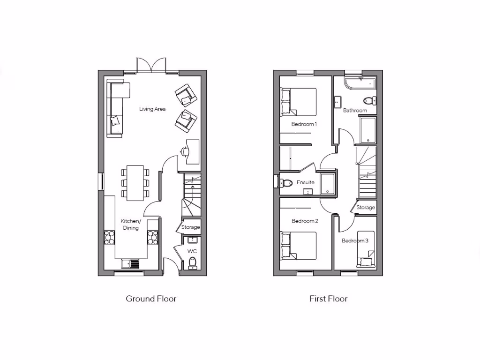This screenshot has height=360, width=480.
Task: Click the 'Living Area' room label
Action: tap(152, 109)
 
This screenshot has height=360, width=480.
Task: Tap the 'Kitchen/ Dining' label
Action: tap(130, 225)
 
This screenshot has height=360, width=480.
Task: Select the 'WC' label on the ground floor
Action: tap(192, 251)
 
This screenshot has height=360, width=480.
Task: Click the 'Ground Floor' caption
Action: tap(151, 299)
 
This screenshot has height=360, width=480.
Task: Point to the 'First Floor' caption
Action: tap(328, 299)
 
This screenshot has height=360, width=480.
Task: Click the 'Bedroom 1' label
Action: tap(304, 124)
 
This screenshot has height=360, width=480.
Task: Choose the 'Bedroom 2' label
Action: tap(305, 221)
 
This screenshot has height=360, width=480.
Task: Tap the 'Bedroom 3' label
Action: tap(355, 240)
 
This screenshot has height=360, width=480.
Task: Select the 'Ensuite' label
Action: tap(305, 182)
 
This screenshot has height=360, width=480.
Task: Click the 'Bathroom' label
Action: tap(355, 111)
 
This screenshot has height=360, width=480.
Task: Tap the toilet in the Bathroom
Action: tap(369, 100)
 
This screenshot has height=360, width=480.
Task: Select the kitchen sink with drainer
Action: tap(131, 264)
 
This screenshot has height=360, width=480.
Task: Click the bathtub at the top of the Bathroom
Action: tap(360, 84)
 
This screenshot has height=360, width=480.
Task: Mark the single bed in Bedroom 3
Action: tap(366, 248)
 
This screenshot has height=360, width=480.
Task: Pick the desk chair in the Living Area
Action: tap(184, 151)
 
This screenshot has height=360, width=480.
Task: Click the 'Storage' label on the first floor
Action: tap(366, 207)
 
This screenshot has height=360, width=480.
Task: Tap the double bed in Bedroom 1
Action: tap(299, 101)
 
